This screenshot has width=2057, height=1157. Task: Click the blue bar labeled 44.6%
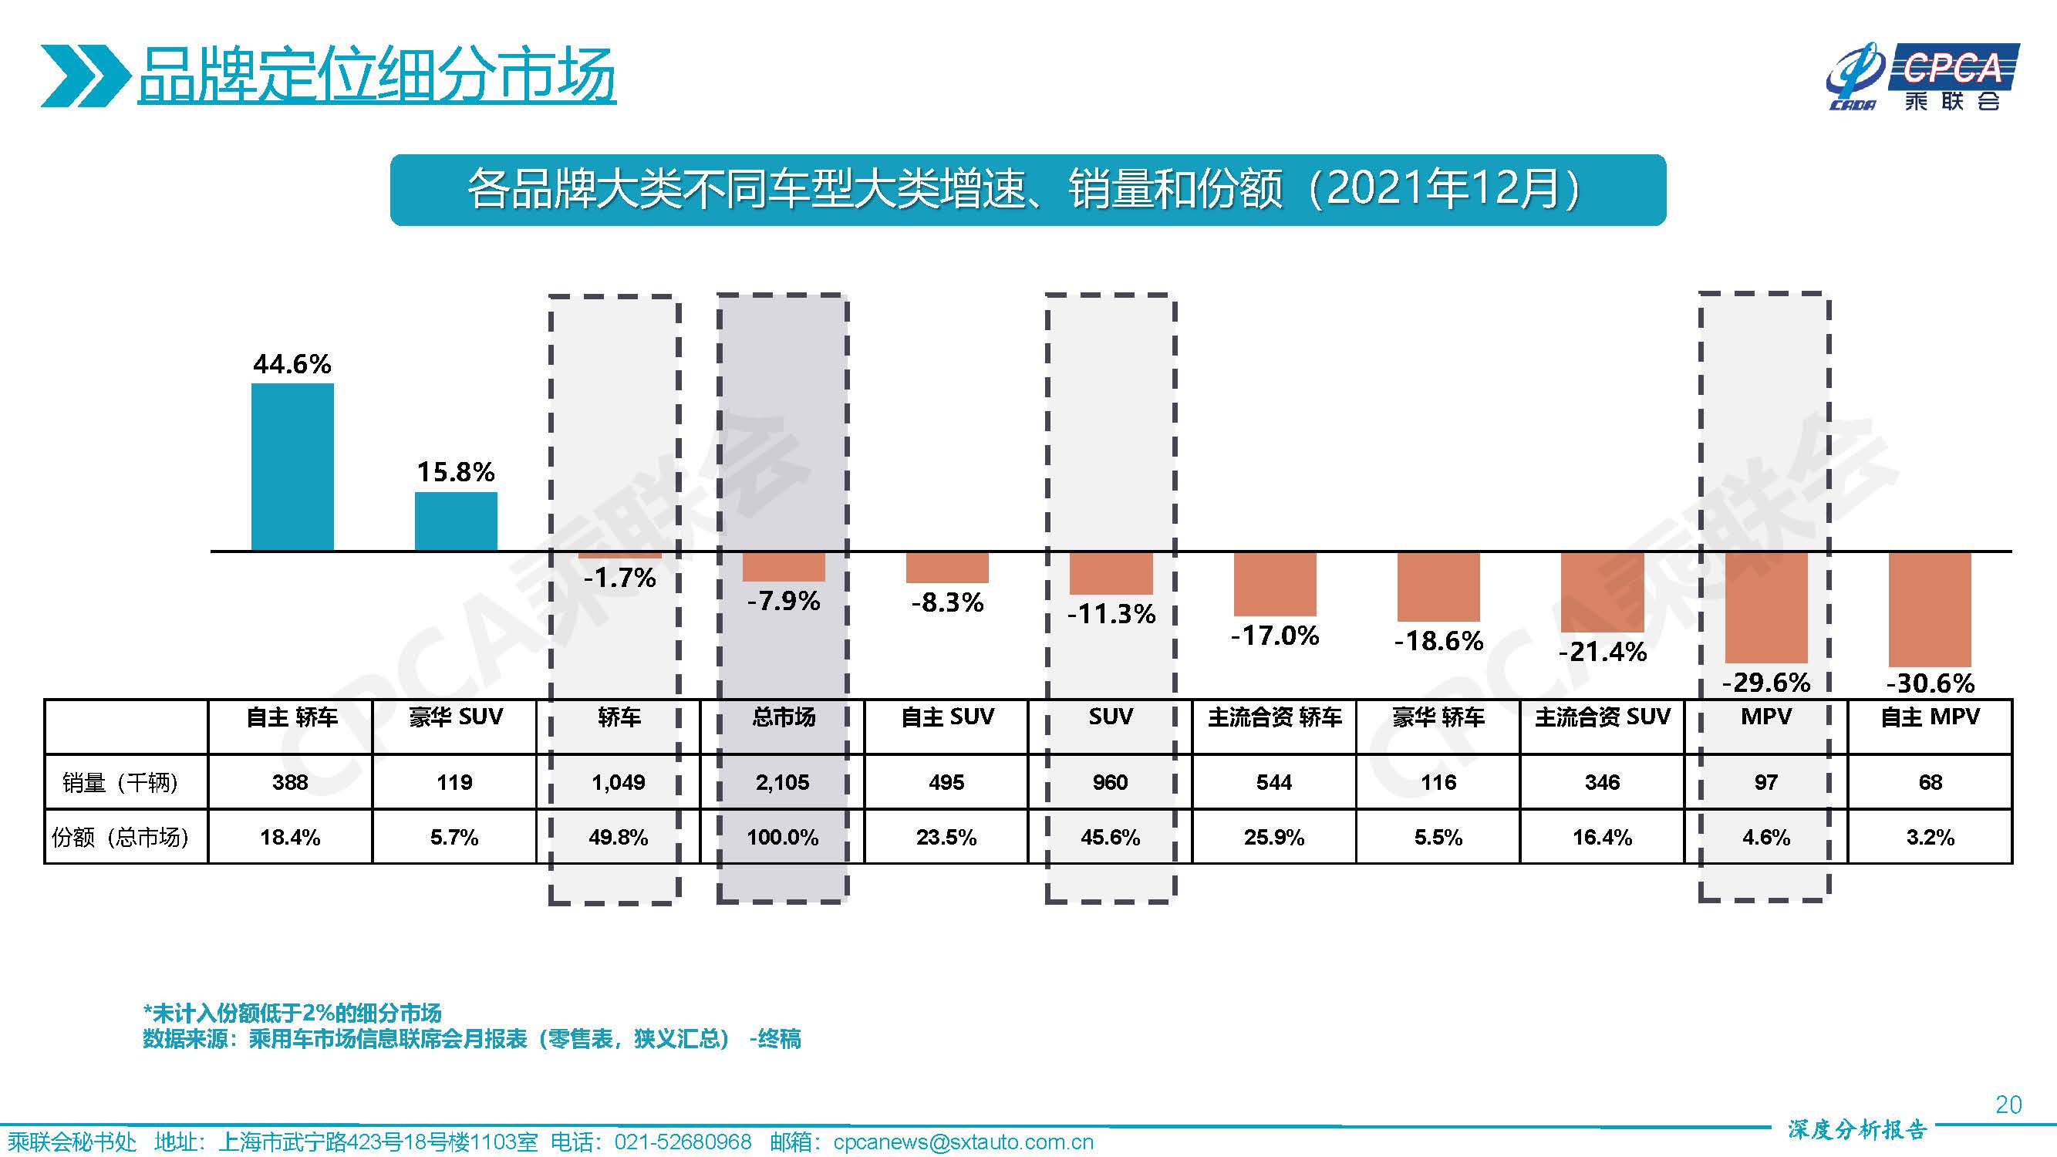(292, 467)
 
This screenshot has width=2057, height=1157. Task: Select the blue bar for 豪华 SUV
(456, 521)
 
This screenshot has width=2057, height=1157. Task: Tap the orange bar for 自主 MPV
(1930, 609)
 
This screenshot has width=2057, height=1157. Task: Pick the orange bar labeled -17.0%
(1274, 584)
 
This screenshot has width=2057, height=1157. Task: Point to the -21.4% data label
(1602, 652)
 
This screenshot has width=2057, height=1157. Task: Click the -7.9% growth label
(784, 600)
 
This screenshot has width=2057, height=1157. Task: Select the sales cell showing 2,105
(783, 781)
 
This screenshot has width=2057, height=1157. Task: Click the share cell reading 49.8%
(618, 837)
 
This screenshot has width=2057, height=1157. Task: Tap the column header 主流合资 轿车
(1274, 717)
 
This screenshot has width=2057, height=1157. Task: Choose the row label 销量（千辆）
(121, 781)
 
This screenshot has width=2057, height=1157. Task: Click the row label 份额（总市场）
(121, 837)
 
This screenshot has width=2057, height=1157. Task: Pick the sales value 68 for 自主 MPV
(1930, 781)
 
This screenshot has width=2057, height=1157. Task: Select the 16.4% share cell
(1602, 837)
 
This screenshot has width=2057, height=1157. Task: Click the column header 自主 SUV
(947, 717)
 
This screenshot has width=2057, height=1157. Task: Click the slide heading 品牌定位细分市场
(376, 76)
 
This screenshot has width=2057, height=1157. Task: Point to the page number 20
(2008, 1105)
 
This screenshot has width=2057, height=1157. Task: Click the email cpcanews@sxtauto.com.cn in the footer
(963, 1142)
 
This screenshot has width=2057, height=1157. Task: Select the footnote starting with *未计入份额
(292, 1014)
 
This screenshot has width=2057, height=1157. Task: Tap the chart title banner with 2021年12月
(1027, 190)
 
